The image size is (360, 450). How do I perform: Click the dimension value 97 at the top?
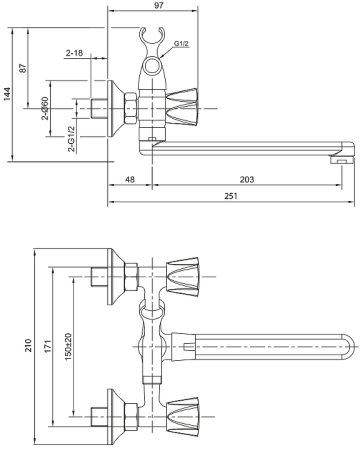tap(159, 6)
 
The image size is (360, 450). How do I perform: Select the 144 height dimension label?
tap(7, 94)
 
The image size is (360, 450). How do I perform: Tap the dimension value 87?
tap(22, 68)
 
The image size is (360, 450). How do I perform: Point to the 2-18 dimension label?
tap(74, 53)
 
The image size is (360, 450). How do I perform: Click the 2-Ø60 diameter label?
tap(45, 108)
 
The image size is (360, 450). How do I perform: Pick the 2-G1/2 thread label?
tap(71, 139)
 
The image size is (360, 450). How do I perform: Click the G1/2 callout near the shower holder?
tap(181, 44)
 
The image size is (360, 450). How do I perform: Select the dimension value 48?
tap(130, 180)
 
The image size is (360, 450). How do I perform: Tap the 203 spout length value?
tap(247, 180)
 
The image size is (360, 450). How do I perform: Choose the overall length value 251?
tap(231, 196)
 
